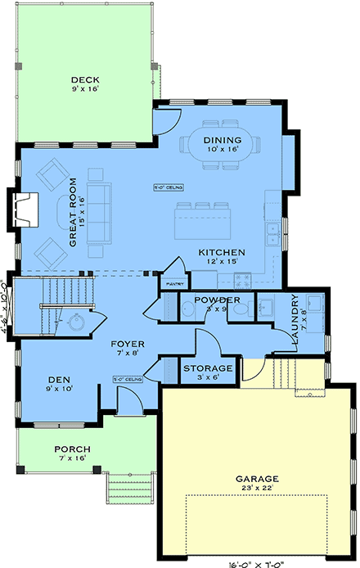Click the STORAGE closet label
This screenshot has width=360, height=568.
tap(208, 368)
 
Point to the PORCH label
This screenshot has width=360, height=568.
tap(73, 449)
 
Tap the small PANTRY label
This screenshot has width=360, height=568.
tap(173, 283)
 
